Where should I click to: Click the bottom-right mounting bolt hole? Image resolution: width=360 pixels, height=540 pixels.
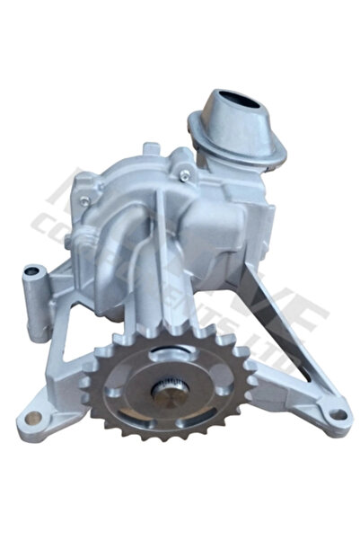[337, 415]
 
